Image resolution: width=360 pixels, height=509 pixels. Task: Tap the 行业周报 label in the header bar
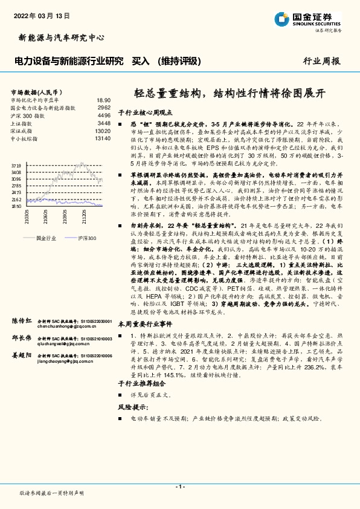tap(321, 62)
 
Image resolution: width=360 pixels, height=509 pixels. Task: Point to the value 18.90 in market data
tap(103, 100)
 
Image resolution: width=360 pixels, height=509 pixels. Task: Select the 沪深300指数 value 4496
tap(104, 115)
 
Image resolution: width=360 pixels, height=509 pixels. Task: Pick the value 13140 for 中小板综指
tap(103, 138)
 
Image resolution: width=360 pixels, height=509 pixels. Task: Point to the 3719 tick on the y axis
tap(16, 164)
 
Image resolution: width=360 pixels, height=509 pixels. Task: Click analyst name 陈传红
tap(22, 320)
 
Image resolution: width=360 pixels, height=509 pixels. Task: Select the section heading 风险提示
tap(132, 406)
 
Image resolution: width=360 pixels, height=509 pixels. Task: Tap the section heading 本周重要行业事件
tap(142, 324)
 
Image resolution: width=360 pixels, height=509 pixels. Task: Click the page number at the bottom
tap(179, 486)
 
